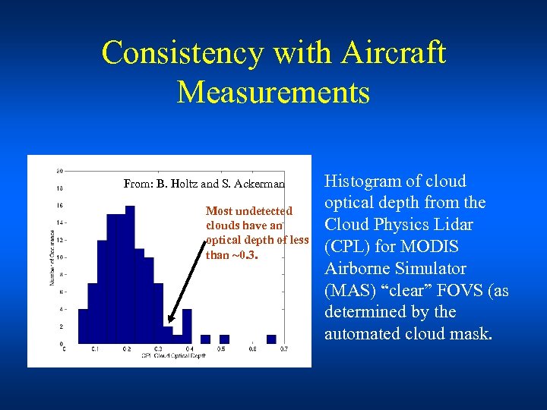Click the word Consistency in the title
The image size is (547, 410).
click(182, 54)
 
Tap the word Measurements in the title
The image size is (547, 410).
click(273, 93)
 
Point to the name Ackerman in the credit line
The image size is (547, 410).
click(260, 183)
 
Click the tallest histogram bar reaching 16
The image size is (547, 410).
click(130, 274)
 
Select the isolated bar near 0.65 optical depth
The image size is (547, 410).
click(271, 339)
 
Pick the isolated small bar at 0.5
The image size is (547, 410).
click(224, 339)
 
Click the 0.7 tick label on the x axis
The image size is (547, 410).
click(283, 349)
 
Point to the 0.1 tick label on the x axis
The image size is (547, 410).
click(94, 349)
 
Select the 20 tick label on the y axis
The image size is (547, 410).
click(59, 170)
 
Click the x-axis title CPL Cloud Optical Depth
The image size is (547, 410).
click(172, 355)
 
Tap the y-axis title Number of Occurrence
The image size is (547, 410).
click(52, 258)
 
